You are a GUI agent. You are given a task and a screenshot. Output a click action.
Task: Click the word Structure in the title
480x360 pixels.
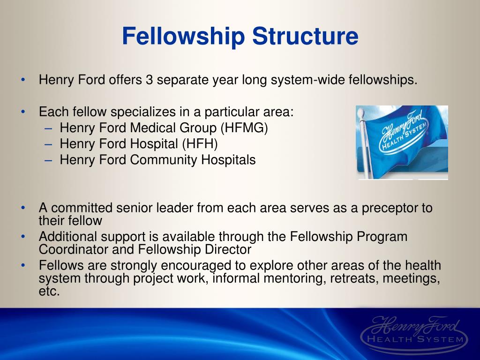(x=305, y=37)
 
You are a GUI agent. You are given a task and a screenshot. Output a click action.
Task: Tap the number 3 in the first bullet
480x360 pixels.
(x=149, y=80)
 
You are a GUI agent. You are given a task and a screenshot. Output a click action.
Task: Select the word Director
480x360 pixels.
(x=230, y=249)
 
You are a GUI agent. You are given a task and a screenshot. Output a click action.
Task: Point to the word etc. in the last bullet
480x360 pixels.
(x=50, y=291)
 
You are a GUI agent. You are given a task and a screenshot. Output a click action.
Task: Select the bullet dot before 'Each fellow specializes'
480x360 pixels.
(x=23, y=112)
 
